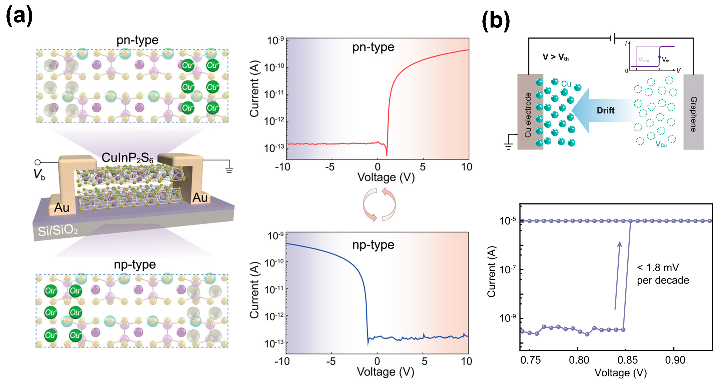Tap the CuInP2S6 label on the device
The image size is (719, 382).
coord(127,158)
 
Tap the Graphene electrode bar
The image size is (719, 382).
coord(693,112)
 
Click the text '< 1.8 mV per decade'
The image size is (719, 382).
coord(663,274)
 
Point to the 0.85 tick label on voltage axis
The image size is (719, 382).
coord(627,360)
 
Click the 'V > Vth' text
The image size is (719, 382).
coord(555,57)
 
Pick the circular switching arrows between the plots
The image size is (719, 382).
coord(379,204)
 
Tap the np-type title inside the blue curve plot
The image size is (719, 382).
coord(373,245)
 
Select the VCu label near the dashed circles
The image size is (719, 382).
coord(661,144)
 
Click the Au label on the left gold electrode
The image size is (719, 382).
coord(62,207)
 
